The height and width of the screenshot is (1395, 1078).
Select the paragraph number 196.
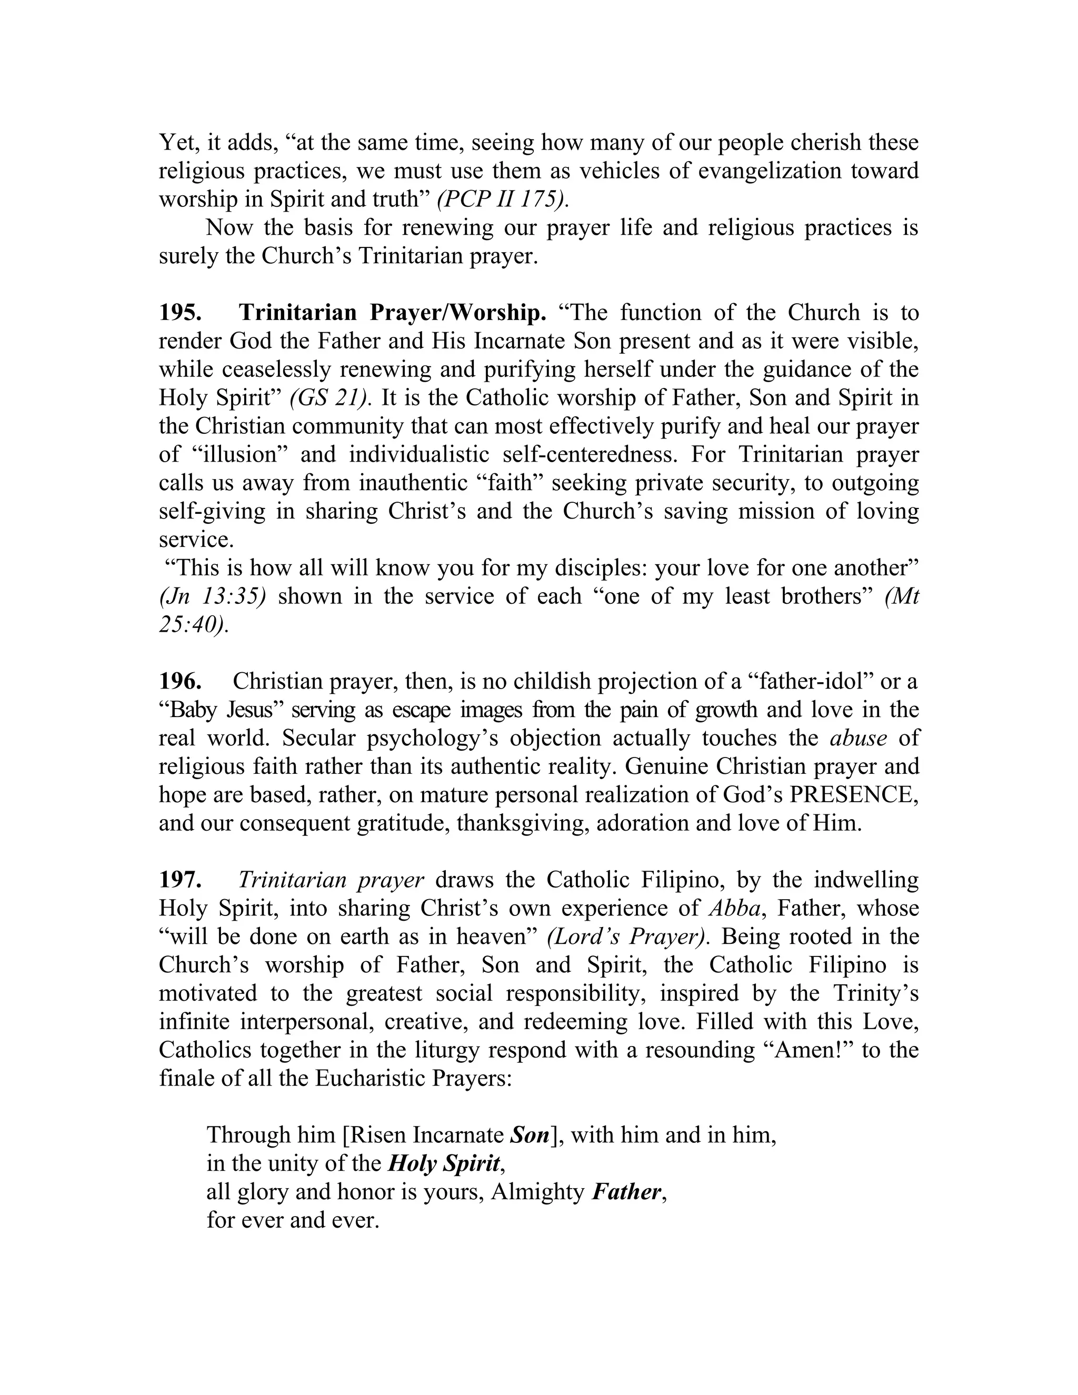tap(181, 682)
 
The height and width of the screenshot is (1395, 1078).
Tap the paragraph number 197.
tap(181, 880)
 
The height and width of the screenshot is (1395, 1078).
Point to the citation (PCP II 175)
tap(502, 200)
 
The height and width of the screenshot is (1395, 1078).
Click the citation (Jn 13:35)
tap(212, 596)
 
